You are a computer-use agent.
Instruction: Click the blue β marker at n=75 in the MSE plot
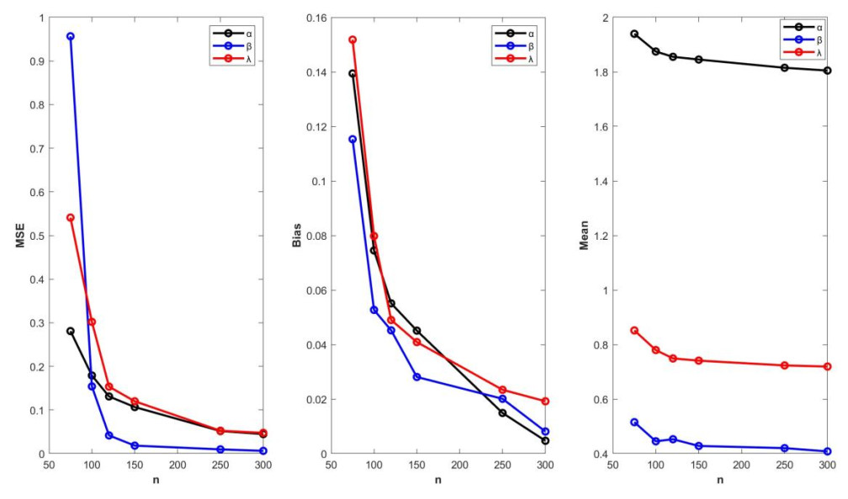(71, 36)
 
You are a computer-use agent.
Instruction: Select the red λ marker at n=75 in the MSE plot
(71, 218)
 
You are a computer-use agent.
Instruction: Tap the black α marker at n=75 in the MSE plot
(71, 332)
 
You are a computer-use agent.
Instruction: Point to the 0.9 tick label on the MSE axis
(35, 61)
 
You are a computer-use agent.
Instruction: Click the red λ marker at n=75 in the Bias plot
(352, 40)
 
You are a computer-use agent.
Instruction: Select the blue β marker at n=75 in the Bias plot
(352, 140)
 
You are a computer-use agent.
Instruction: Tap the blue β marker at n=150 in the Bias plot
(416, 377)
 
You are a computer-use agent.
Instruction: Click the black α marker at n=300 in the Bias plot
(545, 441)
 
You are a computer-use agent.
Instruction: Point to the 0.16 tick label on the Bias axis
(314, 18)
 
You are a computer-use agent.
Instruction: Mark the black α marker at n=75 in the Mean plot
(634, 34)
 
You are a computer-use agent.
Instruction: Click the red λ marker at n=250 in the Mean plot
(784, 365)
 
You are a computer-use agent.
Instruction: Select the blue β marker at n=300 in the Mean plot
(827, 452)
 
